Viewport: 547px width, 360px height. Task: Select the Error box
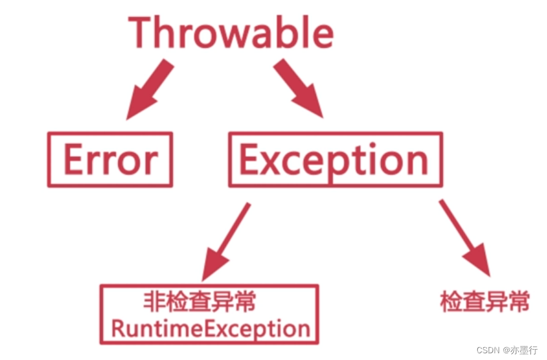tap(110, 160)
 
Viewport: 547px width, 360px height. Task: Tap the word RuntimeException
tap(211, 328)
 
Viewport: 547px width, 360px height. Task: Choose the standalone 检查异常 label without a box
tap(485, 302)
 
